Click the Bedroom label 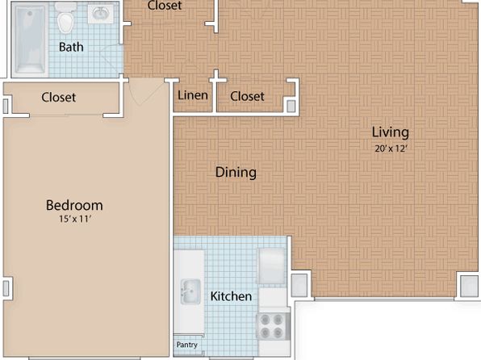tap(74, 205)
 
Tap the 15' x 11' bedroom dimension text tap(76, 219)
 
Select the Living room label tap(390, 132)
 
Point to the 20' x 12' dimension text tap(391, 149)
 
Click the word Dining tap(236, 173)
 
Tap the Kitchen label tap(231, 296)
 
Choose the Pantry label tap(186, 345)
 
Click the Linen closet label tap(193, 95)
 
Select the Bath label tap(71, 47)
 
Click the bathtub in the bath tap(29, 40)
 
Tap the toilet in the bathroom tap(65, 18)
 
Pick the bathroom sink tap(101, 14)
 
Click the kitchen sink tap(190, 291)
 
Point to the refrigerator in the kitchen tap(272, 266)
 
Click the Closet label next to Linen tap(247, 96)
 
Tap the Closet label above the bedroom tap(59, 98)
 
